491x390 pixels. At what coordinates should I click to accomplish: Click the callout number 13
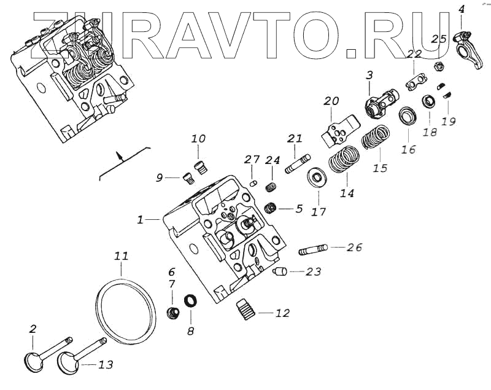(106, 365)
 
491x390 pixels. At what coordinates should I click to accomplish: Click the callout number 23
(314, 271)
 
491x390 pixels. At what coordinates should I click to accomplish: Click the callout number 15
(381, 168)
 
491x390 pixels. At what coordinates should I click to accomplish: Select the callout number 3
(369, 75)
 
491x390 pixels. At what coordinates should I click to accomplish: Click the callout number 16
(409, 149)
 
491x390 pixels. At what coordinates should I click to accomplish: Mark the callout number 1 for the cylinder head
(141, 219)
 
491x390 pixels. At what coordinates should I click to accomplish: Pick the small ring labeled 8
(191, 301)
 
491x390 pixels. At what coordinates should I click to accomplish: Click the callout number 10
(198, 139)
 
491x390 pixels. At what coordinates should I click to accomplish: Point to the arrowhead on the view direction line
(121, 155)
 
